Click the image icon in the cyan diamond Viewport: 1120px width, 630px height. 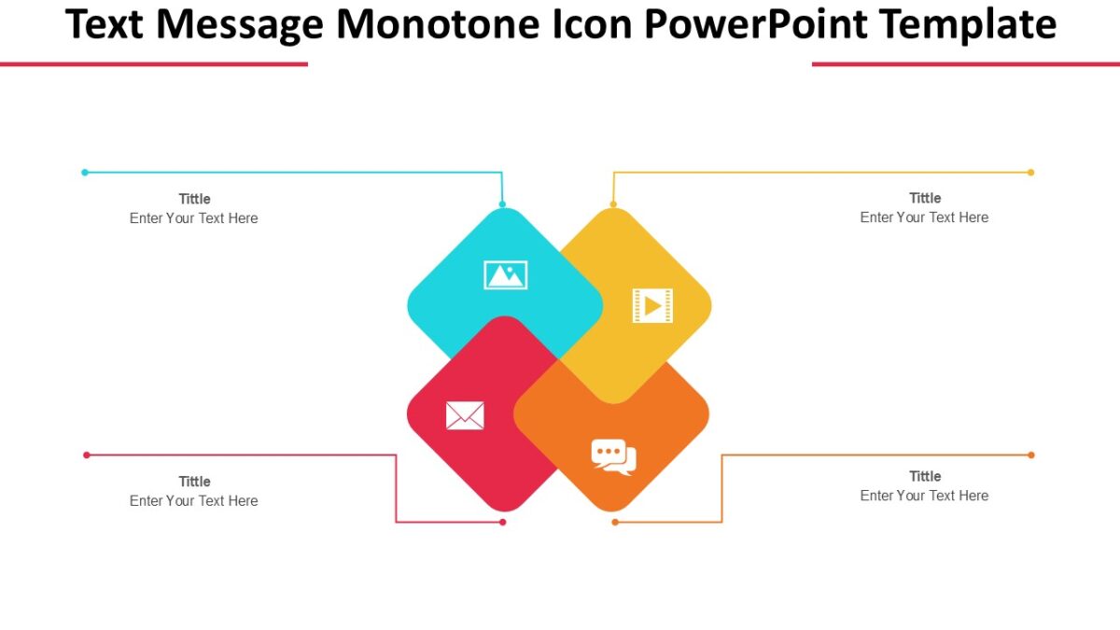505,275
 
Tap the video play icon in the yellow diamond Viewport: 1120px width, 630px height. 652,305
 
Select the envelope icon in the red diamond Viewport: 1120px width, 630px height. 465,415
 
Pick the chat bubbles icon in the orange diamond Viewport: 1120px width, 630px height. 613,456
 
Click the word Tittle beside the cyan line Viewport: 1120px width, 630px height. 194,199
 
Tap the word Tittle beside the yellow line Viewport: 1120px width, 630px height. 925,198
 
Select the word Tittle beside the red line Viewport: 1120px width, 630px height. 194,482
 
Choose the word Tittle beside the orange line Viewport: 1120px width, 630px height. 925,476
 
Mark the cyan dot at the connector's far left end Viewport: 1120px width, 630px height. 85,173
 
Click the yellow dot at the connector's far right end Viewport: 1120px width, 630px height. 1030,173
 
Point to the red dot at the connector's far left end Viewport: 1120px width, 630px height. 87,455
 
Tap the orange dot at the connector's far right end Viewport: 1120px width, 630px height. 1031,455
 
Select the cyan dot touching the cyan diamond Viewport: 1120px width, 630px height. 502,204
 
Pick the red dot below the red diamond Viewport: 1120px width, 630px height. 502,522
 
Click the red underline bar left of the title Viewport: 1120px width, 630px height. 153,64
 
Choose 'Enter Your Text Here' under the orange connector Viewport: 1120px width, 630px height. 924,496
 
